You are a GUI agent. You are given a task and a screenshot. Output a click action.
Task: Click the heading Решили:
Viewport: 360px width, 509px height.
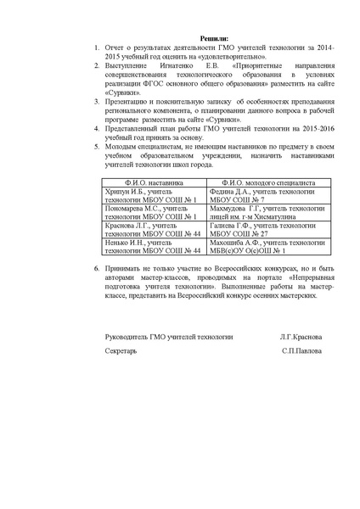pos(213,40)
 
